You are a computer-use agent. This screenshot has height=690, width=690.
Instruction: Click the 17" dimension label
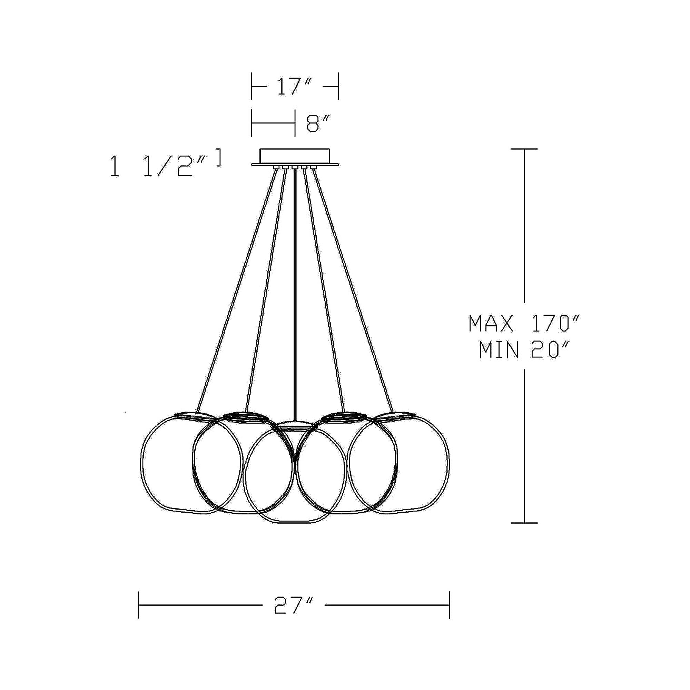295,87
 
